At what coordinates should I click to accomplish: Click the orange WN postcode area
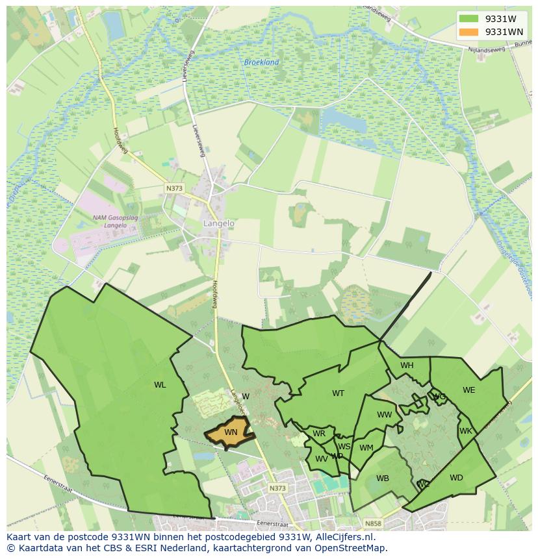pos(229,432)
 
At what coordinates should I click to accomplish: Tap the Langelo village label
pos(219,223)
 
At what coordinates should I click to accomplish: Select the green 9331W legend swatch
pos(468,19)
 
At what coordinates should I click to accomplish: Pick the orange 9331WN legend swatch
pos(468,32)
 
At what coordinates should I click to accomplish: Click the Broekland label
pos(261,62)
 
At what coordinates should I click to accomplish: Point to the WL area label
pos(160,385)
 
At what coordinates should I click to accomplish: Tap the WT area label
pos(338,393)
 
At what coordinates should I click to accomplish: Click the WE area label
pos(468,390)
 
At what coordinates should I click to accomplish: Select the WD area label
pos(456,478)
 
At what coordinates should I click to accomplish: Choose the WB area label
pos(383,478)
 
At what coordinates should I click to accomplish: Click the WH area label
pos(407,366)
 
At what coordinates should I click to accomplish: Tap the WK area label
pos(465,431)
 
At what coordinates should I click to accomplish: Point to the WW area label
pos(385,415)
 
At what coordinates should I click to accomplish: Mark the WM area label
pos(366,448)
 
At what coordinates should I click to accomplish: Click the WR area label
pos(319,434)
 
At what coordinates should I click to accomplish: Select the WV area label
pos(322,458)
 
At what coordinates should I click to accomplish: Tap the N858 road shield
pos(373,523)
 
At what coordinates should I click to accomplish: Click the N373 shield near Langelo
pos(174,188)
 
